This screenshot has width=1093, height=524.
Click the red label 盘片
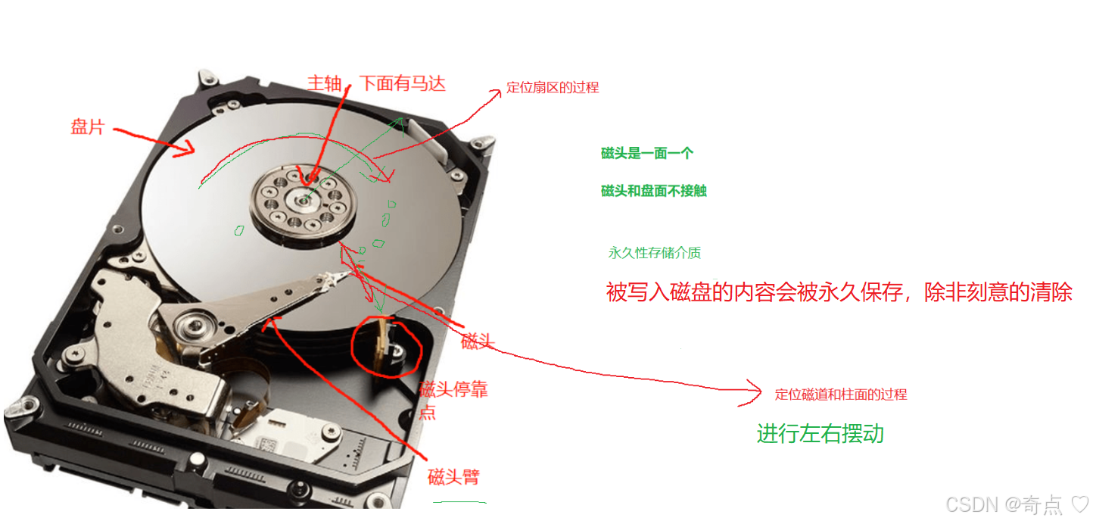coord(88,127)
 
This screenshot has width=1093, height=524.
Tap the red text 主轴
coord(324,83)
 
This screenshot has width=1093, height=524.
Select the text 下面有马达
coord(403,83)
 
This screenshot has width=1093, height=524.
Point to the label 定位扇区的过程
coord(553,87)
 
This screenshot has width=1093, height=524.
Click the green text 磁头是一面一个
coord(647,154)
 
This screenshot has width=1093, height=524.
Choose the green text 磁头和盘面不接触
coord(654,191)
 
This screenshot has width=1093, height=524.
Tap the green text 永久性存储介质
coord(654,252)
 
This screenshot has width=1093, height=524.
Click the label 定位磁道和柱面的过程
coord(841,395)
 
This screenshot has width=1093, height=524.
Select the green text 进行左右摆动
coord(821,434)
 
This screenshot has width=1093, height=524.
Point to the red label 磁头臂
coord(453,476)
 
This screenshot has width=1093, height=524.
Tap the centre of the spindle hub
coord(304,200)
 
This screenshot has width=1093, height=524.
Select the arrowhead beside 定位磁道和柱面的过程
coord(752,391)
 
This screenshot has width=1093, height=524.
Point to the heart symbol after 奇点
coord(1080,504)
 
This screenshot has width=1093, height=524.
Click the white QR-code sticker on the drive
coord(267,444)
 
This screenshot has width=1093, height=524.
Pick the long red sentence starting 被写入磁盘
coord(839,292)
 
